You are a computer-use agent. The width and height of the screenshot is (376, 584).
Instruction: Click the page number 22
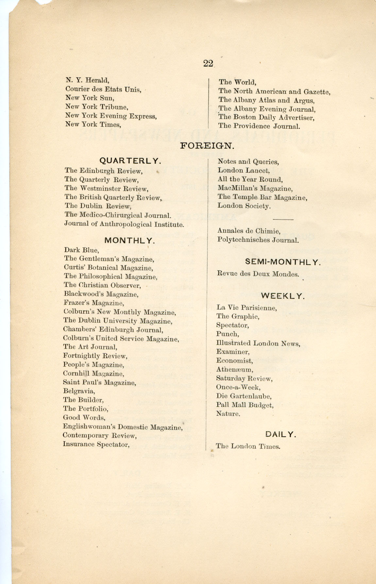click(x=208, y=63)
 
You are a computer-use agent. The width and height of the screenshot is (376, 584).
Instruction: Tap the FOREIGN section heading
click(x=207, y=146)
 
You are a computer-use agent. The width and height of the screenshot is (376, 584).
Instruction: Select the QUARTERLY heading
click(x=130, y=161)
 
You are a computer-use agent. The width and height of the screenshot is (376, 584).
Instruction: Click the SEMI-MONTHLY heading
click(x=283, y=262)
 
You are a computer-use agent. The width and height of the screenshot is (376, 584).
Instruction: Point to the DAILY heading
click(x=281, y=434)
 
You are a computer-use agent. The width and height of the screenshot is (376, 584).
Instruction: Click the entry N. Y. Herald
click(x=87, y=80)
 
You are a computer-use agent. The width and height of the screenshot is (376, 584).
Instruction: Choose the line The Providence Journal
click(x=259, y=126)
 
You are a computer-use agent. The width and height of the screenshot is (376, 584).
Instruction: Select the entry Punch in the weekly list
click(x=228, y=334)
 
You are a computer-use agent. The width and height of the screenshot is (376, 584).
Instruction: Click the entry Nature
click(x=228, y=414)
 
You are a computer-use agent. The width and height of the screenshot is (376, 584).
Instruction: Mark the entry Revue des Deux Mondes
click(x=258, y=274)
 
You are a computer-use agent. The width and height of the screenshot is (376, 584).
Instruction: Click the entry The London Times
click(x=248, y=446)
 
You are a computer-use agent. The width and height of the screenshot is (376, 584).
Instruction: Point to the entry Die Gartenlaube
click(x=244, y=396)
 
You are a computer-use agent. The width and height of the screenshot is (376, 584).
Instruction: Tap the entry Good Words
click(x=84, y=418)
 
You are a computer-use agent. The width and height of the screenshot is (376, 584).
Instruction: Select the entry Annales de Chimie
click(x=249, y=231)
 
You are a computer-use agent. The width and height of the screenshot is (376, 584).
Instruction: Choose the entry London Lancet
click(x=244, y=171)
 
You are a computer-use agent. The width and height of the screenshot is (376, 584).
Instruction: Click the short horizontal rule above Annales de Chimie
click(x=282, y=219)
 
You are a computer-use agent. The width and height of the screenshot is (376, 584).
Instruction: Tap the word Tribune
click(x=114, y=107)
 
